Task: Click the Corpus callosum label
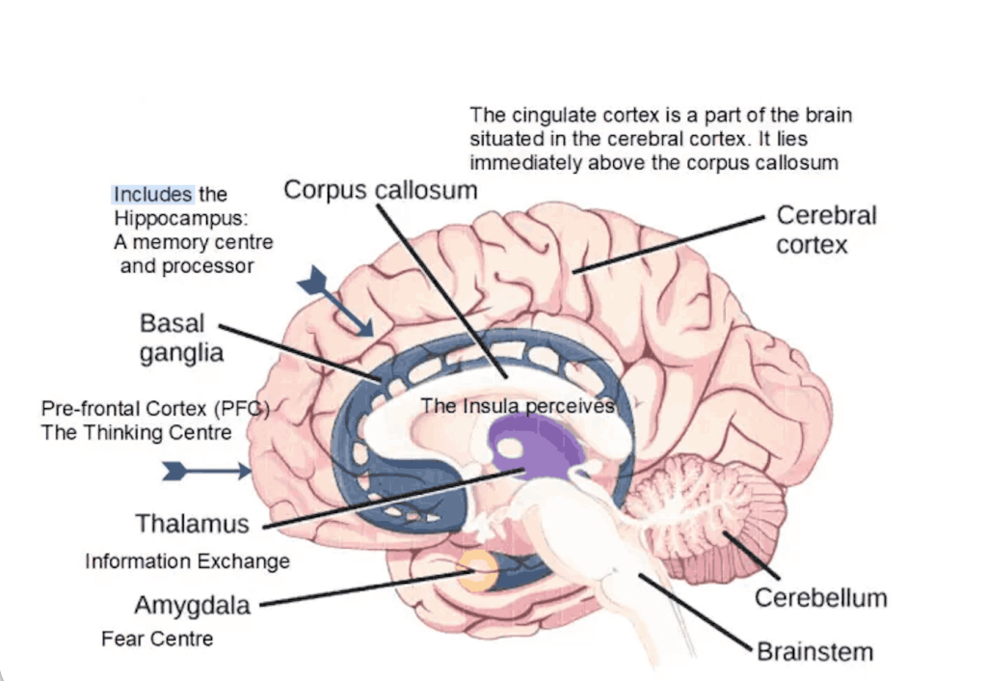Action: pyautogui.click(x=380, y=190)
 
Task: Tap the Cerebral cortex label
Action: pyautogui.click(x=826, y=230)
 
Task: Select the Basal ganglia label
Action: pyautogui.click(x=181, y=338)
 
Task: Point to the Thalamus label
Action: pyautogui.click(x=192, y=524)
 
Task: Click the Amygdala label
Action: pyautogui.click(x=192, y=606)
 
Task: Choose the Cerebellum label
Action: pyautogui.click(x=820, y=598)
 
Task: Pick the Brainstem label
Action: pyautogui.click(x=814, y=651)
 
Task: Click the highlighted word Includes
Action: pyautogui.click(x=153, y=195)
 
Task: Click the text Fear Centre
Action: pyautogui.click(x=157, y=639)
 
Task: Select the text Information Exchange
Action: pyautogui.click(x=187, y=561)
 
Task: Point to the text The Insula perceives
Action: pyautogui.click(x=518, y=407)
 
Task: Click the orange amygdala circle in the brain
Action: pyautogui.click(x=477, y=570)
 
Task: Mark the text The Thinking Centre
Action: pyautogui.click(x=136, y=432)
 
